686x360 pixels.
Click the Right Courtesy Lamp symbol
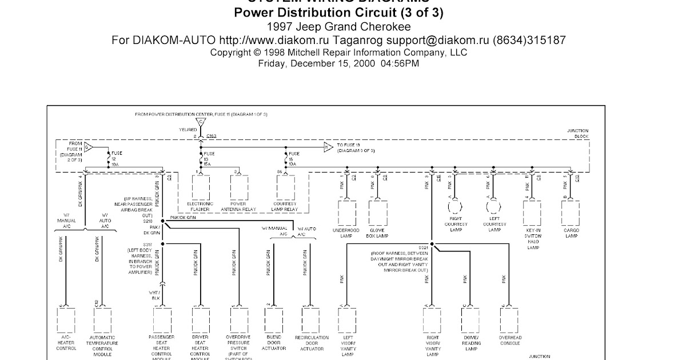pyautogui.click(x=456, y=206)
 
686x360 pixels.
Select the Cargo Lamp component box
pyautogui.click(x=571, y=213)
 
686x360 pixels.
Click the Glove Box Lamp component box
pyautogui.click(x=378, y=213)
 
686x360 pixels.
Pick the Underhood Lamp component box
pyautogui.click(x=346, y=213)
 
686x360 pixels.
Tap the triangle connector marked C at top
pyautogui.click(x=200, y=122)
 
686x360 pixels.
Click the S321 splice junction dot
pyautogui.click(x=433, y=244)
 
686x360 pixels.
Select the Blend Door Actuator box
pyautogui.click(x=274, y=323)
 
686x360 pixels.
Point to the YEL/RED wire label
pyautogui.click(x=188, y=130)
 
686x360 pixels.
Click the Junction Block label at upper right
pyautogui.click(x=577, y=134)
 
